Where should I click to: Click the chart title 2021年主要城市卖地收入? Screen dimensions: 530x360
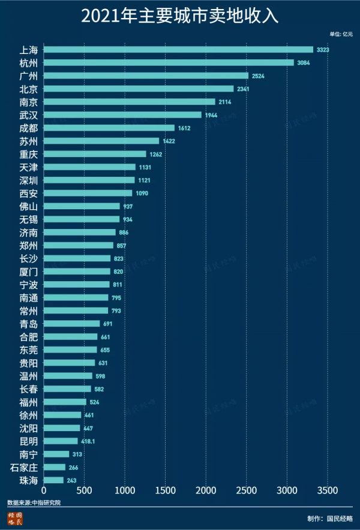[x=180, y=16]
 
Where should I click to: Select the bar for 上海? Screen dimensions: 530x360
[x=178, y=50]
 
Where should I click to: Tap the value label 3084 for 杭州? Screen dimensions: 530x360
[x=304, y=63]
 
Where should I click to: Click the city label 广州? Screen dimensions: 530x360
[x=28, y=76]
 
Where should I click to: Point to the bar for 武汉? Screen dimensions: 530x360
[x=122, y=115]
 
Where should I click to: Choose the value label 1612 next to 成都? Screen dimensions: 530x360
[x=184, y=128]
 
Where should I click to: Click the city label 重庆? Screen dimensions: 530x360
[x=28, y=154]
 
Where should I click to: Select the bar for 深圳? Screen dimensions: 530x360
[x=89, y=180]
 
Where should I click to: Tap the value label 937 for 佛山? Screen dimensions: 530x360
[x=128, y=206]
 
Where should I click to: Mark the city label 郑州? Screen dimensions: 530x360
[x=28, y=245]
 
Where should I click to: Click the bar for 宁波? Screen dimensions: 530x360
[x=76, y=284]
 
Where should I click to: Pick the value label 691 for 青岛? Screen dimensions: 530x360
[x=108, y=324]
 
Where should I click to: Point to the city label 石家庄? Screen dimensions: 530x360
[x=25, y=467]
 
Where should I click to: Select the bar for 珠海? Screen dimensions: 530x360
[x=53, y=480]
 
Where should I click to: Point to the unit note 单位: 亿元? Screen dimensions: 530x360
[x=341, y=35]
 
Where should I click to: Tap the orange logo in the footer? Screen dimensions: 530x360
[x=15, y=519]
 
